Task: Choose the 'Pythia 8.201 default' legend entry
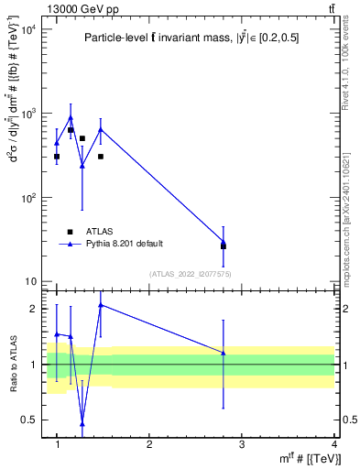tap(124, 243)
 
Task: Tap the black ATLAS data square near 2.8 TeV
tap(224, 246)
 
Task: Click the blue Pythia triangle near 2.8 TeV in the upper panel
tap(224, 242)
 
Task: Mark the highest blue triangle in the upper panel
tap(71, 117)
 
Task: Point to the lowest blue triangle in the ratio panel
tap(82, 423)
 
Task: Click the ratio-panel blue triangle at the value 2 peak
tap(101, 305)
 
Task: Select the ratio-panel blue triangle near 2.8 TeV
tap(224, 353)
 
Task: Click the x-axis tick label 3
tap(242, 444)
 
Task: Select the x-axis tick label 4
tap(334, 444)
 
